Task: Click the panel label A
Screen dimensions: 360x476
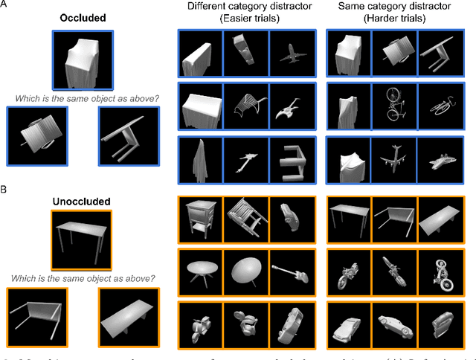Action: (4, 7)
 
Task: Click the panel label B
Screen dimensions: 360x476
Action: (4, 189)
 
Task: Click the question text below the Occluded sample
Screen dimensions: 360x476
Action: (83, 97)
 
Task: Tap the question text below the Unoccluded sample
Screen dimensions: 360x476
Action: (83, 278)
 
